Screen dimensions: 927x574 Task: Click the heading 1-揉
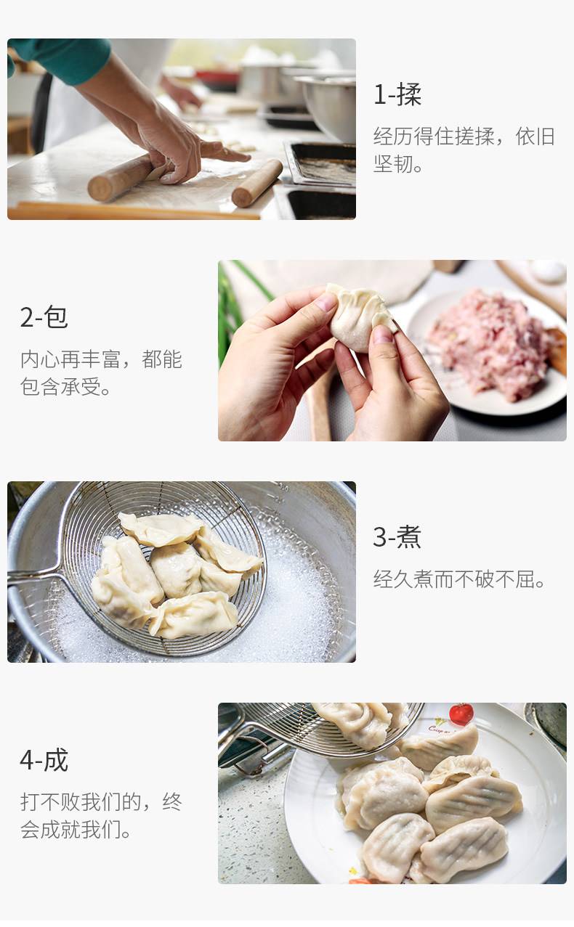click(397, 95)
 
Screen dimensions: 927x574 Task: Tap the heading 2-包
click(44, 317)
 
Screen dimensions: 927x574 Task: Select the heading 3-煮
click(397, 537)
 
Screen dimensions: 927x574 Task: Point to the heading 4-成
click(44, 760)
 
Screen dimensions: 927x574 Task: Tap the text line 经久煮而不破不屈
click(459, 579)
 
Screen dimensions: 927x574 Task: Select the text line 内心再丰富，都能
click(101, 359)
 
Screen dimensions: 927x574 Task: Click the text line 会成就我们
click(76, 830)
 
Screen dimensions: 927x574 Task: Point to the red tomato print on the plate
click(461, 714)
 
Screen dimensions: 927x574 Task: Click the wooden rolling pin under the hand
click(120, 178)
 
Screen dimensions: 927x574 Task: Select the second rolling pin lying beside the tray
click(256, 184)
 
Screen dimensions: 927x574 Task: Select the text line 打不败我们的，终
click(101, 802)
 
